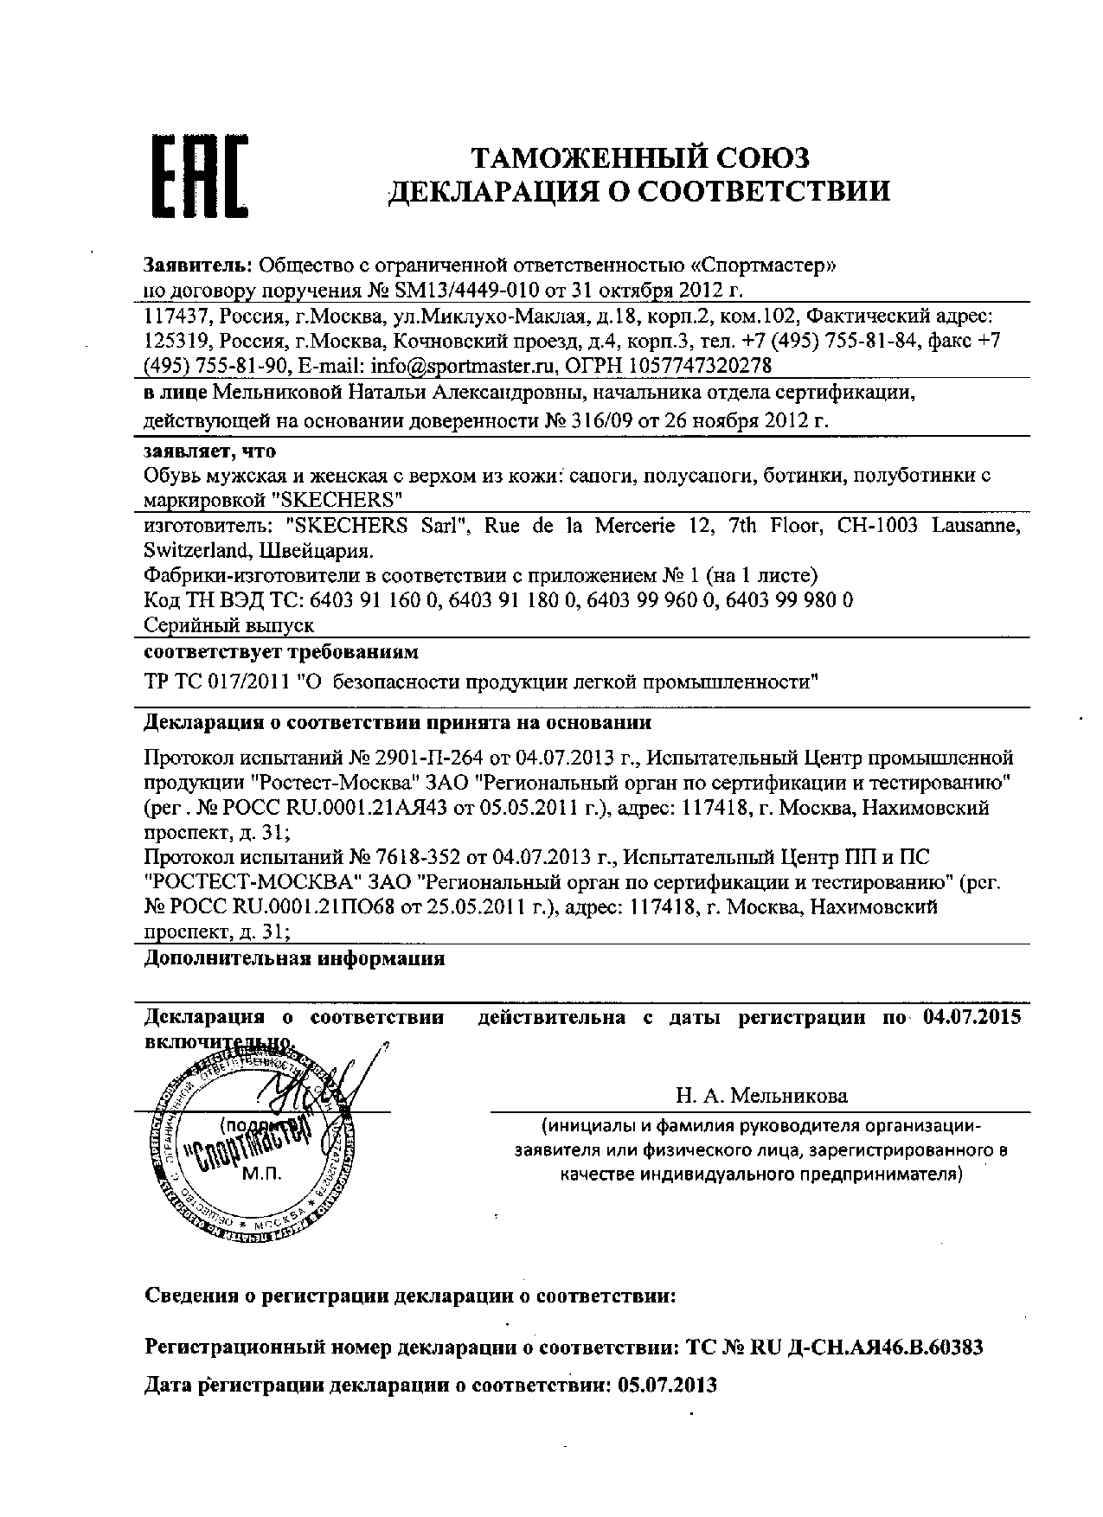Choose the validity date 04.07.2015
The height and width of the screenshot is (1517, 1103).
972,1017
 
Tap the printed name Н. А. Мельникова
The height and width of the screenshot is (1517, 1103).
761,1096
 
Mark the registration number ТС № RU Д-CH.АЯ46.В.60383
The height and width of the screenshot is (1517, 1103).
834,1347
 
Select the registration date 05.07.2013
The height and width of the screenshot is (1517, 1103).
667,1385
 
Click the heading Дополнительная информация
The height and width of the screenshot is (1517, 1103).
294,958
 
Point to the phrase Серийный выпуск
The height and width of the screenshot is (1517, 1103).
228,624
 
